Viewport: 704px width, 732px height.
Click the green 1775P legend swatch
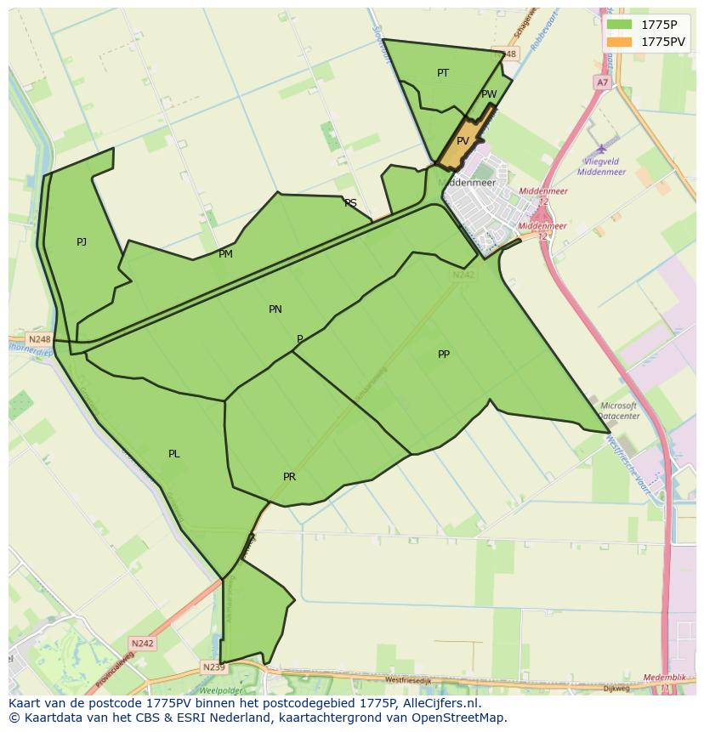pos(620,24)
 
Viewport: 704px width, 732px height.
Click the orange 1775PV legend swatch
pos(620,42)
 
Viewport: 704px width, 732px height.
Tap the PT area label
pos(443,73)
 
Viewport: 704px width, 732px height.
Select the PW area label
pos(489,94)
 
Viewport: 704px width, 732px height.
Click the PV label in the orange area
pos(463,141)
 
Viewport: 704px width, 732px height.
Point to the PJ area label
pos(82,242)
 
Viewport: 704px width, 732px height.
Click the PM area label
pos(225,254)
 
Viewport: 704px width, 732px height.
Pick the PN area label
pos(275,309)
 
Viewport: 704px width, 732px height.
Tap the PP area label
pos(443,355)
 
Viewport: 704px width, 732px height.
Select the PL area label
pos(173,454)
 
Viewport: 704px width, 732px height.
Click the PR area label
pos(289,477)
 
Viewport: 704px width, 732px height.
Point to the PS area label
pos(350,203)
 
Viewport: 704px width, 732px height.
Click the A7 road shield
pos(602,82)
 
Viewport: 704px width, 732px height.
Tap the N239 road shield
pos(213,667)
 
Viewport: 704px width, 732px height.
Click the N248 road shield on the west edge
pos(39,339)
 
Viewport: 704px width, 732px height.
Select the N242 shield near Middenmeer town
pos(463,275)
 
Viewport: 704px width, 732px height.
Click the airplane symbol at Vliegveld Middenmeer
pos(602,150)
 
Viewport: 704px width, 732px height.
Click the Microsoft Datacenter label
pos(618,411)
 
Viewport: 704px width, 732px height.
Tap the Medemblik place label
pos(664,678)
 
